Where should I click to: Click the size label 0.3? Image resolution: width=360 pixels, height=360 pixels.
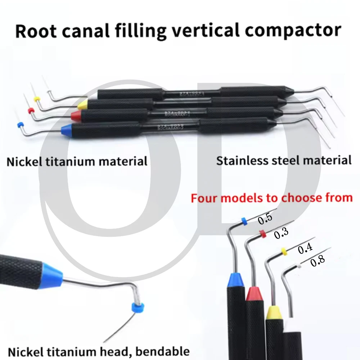coord(281,234)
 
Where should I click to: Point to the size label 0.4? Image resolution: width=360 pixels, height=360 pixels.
coord(305,249)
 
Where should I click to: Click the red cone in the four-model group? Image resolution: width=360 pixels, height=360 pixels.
coord(255,294)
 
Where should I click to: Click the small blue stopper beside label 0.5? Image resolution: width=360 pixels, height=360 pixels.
coord(244,221)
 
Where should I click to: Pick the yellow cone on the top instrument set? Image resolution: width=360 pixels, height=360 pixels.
coord(82,105)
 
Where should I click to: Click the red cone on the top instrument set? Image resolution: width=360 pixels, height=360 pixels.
coord(76,116)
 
